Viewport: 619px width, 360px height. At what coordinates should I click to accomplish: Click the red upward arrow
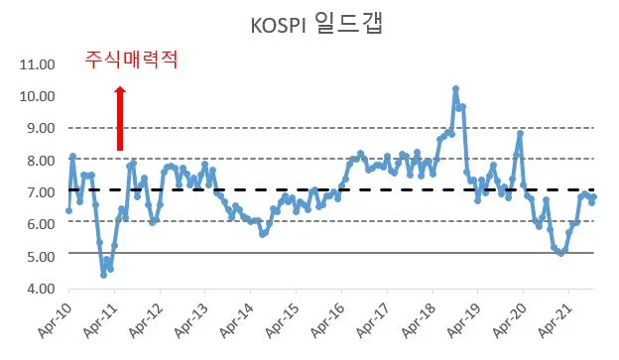120,117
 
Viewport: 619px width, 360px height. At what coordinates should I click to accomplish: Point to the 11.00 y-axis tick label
36,65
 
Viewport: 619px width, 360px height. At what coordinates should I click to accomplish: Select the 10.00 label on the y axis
36,97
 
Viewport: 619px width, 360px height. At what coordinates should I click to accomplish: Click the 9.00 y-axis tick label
38,129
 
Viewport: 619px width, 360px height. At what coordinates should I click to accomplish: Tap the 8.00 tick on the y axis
38,161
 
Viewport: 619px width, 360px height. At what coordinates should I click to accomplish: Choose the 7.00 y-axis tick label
38,192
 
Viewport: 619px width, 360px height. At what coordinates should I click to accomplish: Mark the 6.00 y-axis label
38,224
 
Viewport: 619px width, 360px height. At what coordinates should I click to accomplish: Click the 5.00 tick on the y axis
38,256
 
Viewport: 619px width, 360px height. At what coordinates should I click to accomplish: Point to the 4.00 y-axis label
38,289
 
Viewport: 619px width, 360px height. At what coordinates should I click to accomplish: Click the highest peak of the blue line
455,89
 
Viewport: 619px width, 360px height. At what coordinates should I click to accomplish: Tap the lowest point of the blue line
103,275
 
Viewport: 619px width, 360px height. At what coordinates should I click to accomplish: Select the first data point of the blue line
68,210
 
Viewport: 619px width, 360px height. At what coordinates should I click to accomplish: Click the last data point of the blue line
593,197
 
